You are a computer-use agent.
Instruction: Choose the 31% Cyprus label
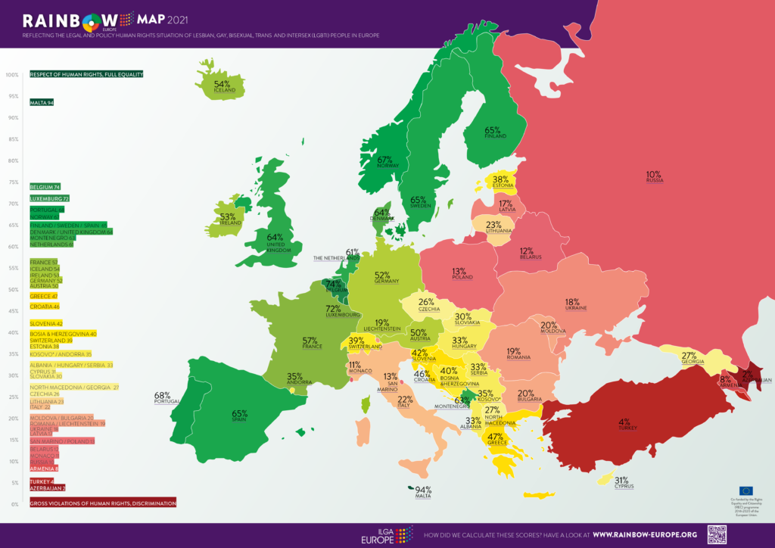tap(622, 483)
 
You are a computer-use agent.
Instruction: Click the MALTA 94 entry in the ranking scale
tap(42, 102)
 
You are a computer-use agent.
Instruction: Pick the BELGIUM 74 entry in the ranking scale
tap(45, 186)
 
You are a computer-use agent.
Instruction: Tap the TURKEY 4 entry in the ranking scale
tap(41, 481)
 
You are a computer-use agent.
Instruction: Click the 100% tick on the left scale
tap(12, 75)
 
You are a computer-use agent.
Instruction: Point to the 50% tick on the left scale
tap(13, 289)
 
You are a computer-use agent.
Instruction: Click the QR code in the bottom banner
tap(717, 534)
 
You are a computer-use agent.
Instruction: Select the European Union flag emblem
tap(745, 491)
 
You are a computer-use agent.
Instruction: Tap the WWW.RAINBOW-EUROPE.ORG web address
tap(645, 534)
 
